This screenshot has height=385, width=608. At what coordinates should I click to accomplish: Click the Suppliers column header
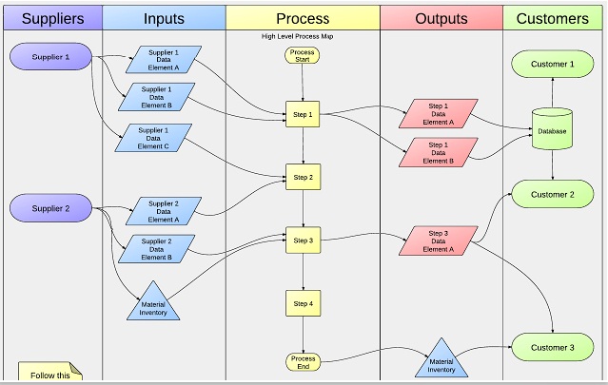click(52, 18)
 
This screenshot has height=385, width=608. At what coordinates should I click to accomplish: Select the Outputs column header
click(441, 18)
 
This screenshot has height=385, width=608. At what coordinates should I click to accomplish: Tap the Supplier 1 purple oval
click(50, 56)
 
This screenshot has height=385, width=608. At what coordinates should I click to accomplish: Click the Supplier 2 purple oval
click(50, 208)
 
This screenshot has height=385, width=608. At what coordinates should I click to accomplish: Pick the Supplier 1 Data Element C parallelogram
click(153, 138)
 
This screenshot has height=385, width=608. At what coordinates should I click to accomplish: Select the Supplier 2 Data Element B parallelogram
click(156, 249)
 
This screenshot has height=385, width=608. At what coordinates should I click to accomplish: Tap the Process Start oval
click(302, 55)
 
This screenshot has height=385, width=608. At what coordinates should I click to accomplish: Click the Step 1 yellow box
click(303, 114)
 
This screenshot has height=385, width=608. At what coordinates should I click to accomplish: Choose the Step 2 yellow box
click(303, 177)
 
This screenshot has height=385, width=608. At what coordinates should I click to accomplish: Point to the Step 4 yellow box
click(303, 303)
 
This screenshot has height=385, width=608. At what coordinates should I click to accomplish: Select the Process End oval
click(303, 362)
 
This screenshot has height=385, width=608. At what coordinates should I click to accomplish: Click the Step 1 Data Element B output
click(439, 153)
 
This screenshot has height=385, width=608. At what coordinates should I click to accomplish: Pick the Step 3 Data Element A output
click(439, 241)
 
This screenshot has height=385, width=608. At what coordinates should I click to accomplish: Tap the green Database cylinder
click(552, 129)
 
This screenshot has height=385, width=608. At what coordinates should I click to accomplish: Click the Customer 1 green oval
click(553, 64)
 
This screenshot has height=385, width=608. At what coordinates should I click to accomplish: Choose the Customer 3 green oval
click(553, 347)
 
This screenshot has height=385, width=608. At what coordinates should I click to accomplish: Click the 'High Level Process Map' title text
click(297, 36)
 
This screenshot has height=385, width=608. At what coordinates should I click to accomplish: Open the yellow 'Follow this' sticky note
click(50, 372)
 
